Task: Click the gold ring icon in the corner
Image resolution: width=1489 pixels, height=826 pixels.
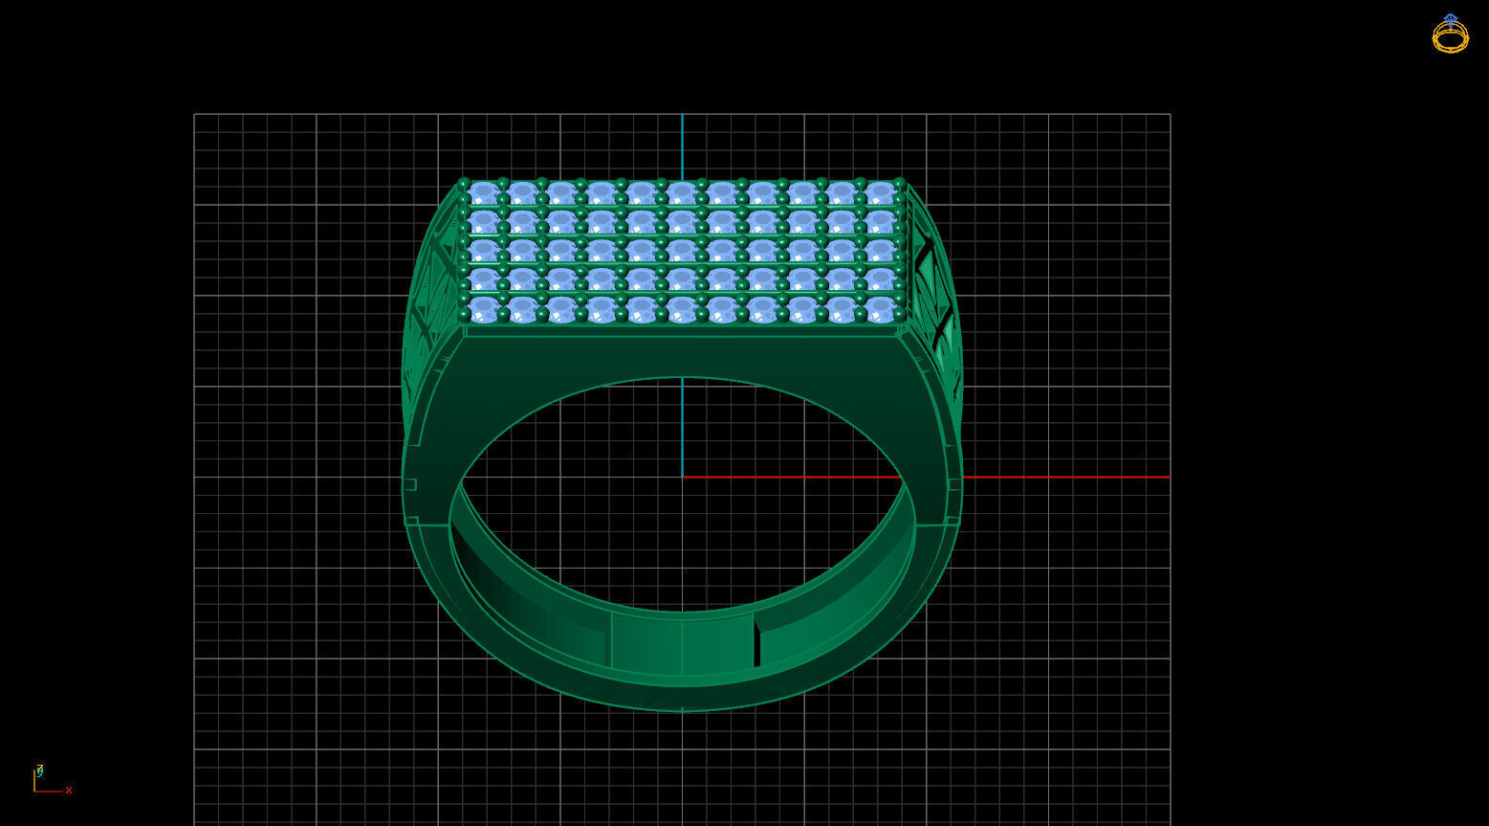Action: click(x=1450, y=34)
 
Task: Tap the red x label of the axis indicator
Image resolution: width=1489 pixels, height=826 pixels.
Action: click(x=69, y=791)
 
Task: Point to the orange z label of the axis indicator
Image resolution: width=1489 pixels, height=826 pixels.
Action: click(x=39, y=769)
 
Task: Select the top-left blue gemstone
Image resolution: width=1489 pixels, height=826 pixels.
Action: click(x=483, y=193)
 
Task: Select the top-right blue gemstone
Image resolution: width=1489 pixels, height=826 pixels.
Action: click(x=880, y=193)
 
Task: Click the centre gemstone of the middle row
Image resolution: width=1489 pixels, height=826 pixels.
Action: click(x=682, y=251)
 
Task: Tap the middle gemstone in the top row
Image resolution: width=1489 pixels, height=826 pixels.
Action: click(x=682, y=193)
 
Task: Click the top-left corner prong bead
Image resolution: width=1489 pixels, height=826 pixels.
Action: click(x=464, y=183)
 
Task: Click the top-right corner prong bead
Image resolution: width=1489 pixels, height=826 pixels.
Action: click(x=899, y=183)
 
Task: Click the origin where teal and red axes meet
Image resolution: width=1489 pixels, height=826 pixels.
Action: click(x=682, y=477)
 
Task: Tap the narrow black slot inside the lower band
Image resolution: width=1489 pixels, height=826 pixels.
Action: click(x=756, y=640)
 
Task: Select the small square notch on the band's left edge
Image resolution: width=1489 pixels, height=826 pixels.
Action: click(x=410, y=484)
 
